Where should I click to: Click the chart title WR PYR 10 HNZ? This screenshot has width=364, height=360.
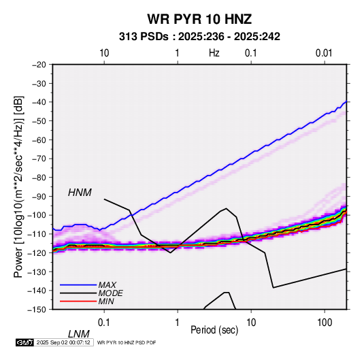(199, 19)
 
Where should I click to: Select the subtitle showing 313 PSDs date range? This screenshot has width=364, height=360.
(199, 37)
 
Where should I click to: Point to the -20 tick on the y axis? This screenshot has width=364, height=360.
(39, 65)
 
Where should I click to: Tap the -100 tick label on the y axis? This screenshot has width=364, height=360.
(37, 215)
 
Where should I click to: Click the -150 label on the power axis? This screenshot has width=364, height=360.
(37, 310)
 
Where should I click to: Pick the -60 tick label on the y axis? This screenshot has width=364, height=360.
(39, 140)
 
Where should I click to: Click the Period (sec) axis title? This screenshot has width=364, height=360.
(214, 330)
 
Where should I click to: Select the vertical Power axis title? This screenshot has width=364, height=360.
(18, 186)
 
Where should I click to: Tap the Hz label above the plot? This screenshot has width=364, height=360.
(214, 53)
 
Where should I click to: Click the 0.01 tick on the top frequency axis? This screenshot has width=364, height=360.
(324, 53)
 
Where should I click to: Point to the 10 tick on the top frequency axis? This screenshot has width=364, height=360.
(104, 53)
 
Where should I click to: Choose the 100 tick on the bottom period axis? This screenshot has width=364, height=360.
(325, 323)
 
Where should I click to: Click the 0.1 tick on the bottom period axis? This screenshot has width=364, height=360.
(104, 323)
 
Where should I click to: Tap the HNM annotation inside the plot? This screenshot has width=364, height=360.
(80, 193)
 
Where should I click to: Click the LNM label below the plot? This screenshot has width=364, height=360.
(79, 334)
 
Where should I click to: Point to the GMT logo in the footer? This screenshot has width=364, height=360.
(25, 342)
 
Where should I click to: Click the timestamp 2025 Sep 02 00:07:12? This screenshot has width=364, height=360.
(63, 342)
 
